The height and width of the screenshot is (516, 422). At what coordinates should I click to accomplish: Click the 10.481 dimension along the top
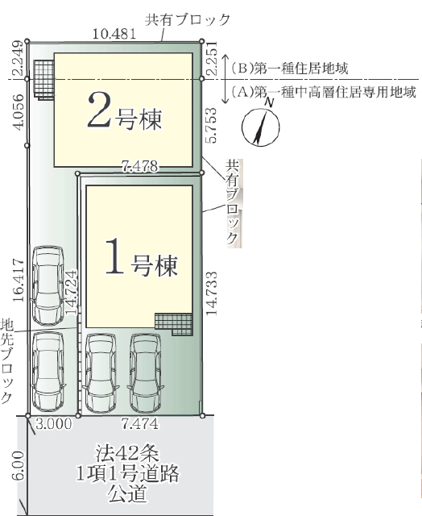click(x=114, y=34)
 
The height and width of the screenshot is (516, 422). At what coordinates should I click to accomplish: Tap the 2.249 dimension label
click(x=18, y=58)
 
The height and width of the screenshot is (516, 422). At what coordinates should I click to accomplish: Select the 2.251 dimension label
click(x=212, y=58)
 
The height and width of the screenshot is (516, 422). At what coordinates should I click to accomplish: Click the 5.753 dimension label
click(x=211, y=125)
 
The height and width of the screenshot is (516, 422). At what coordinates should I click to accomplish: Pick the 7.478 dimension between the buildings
click(x=139, y=166)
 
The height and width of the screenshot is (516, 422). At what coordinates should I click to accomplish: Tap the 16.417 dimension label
click(x=18, y=281)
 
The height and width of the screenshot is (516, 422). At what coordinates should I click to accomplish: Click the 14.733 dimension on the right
click(x=212, y=293)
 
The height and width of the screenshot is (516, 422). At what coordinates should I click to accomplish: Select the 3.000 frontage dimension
click(x=54, y=424)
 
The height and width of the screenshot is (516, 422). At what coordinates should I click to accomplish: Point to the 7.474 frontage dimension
click(x=139, y=424)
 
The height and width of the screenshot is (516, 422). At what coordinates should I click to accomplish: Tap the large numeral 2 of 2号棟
click(x=99, y=110)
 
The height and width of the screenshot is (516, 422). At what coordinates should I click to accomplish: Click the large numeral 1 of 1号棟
click(x=114, y=256)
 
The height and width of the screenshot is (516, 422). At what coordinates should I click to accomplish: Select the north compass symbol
click(x=261, y=125)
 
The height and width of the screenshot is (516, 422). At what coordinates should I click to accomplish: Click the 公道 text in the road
click(x=127, y=493)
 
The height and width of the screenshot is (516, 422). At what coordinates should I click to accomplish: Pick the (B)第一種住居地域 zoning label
click(x=290, y=69)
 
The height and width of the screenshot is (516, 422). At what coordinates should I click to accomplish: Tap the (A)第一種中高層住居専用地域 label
click(x=324, y=92)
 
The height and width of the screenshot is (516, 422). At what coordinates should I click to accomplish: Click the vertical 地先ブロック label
click(x=7, y=360)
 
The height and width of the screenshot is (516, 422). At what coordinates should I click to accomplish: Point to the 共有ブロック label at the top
click(x=188, y=19)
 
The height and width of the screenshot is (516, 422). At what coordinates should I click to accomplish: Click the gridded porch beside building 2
click(x=44, y=80)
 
